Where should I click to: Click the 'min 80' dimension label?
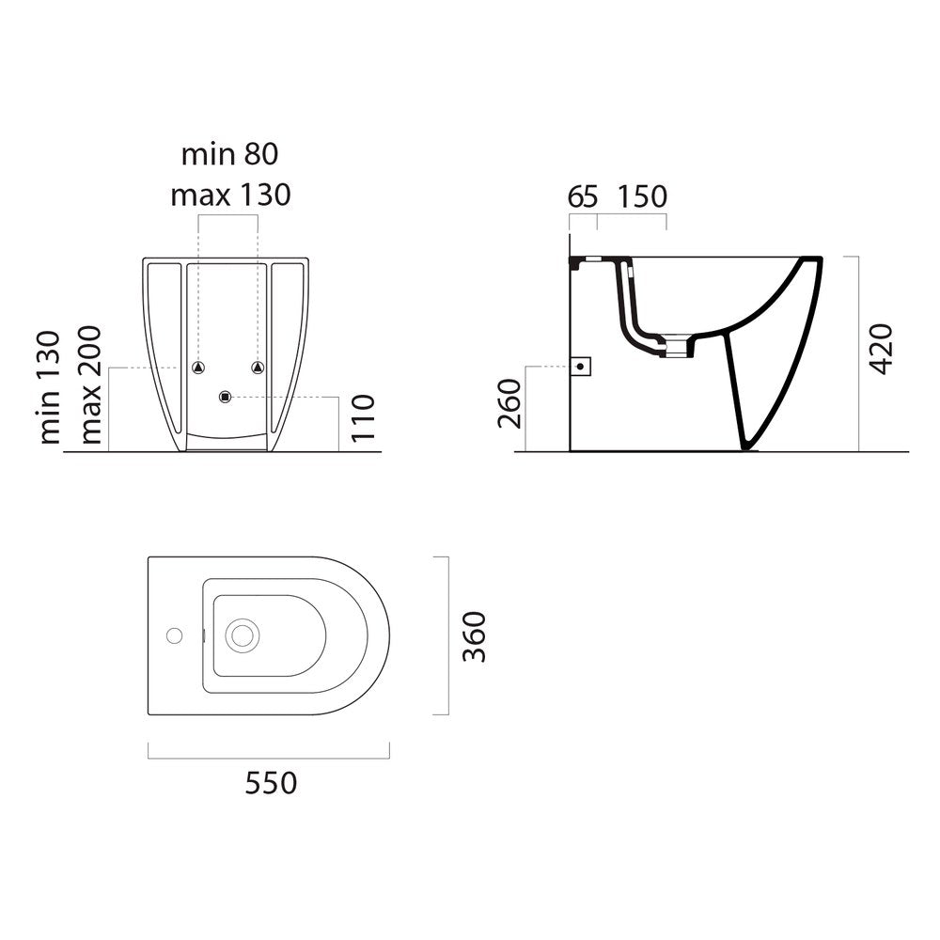(x=230, y=154)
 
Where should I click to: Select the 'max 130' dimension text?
(x=231, y=195)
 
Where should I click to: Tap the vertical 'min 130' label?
(x=51, y=387)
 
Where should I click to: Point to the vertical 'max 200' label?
(x=90, y=384)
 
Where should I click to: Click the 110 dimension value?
(x=363, y=418)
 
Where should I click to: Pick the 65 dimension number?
(x=583, y=196)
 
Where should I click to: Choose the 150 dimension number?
(x=642, y=196)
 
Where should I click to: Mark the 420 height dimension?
(x=881, y=349)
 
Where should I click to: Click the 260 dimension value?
(x=510, y=403)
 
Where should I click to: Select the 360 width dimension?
(x=475, y=636)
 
